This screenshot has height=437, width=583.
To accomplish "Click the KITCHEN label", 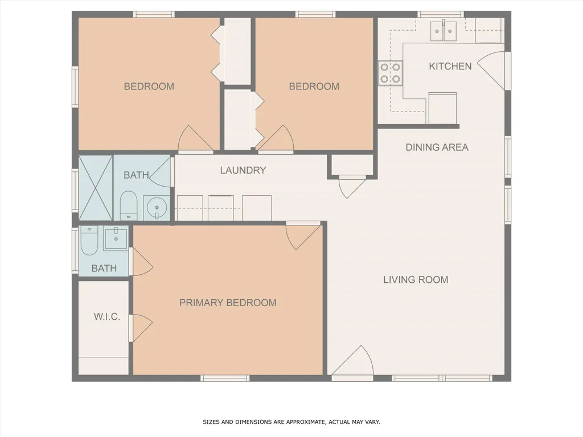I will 450,66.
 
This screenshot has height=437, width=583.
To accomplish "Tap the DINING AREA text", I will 437,147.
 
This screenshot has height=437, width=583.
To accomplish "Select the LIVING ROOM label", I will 416,279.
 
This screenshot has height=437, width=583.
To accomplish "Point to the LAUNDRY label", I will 243,170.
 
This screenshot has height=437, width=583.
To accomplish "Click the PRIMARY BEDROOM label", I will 228,303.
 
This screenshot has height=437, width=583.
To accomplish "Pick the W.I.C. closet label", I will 107,317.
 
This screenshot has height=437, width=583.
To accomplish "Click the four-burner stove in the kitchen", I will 390,73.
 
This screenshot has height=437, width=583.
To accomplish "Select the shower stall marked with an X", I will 95,188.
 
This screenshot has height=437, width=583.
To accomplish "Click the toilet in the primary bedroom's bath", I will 89,241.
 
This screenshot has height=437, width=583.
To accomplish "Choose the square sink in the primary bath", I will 116,238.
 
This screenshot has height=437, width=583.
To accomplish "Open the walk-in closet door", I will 141,327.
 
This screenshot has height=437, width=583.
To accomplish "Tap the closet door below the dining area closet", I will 351,185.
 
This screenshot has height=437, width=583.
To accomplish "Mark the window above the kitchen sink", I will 440,14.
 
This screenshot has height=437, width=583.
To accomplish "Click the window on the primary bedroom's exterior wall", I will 225,378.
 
